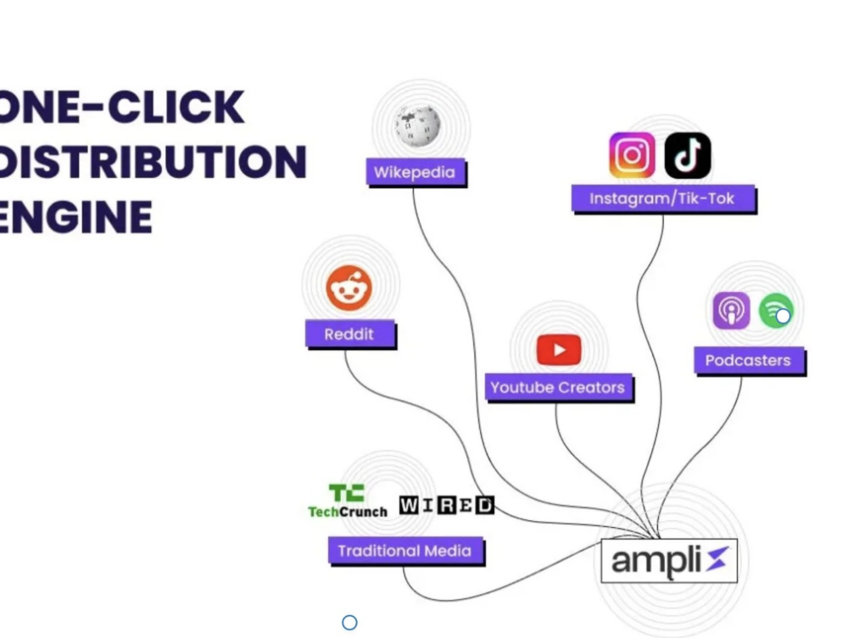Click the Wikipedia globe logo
417,126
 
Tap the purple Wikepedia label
416,172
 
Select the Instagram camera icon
632,156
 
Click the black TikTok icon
688,156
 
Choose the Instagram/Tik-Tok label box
663,199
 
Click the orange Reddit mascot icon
349,288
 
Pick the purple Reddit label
350,334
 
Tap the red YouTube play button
559,350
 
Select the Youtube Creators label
559,387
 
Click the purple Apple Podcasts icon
731,311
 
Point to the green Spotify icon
776,311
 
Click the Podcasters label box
750,360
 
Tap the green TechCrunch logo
348,501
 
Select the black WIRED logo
447,505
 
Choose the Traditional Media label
405,551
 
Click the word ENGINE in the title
75,217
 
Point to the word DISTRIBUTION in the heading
153,162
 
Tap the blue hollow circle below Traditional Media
350,623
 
